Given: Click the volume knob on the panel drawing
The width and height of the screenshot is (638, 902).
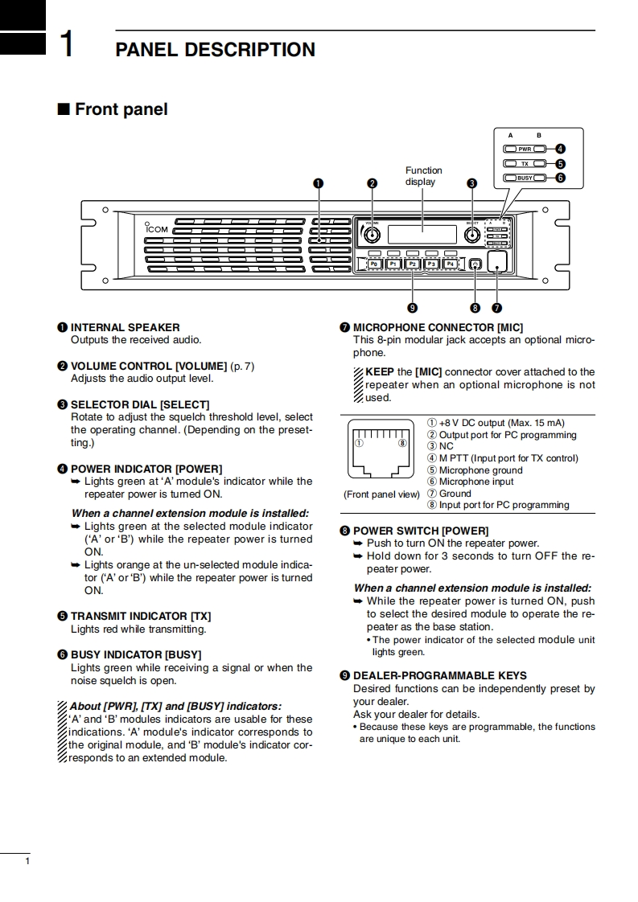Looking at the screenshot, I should pos(372,235).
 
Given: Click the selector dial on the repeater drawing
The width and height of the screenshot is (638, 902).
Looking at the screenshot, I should pos(472,235).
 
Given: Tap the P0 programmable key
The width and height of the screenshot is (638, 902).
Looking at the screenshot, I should pos(374,263).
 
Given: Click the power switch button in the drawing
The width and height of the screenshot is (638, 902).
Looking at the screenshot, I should pos(475,264).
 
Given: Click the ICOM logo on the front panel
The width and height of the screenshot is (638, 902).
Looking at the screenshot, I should pos(156,228).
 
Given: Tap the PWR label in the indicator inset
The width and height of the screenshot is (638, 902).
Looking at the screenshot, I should pos(525,149).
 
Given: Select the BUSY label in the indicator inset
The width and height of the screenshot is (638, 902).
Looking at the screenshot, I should pos(525,178).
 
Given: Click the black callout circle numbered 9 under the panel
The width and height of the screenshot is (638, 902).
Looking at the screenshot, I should pos(412,307).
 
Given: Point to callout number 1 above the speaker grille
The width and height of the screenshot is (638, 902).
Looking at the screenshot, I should pos(319,183).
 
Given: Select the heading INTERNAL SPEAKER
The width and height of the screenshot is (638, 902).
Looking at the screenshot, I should pos(125,327).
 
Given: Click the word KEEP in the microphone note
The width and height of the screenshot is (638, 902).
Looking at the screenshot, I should pos(379,371).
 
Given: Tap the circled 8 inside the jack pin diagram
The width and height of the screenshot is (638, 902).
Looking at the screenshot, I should pos(401,442).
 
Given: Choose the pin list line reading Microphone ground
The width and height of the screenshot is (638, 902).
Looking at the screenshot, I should pos(480,470).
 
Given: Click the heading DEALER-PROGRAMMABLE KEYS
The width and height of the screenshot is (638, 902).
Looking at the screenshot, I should pos(439,675).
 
